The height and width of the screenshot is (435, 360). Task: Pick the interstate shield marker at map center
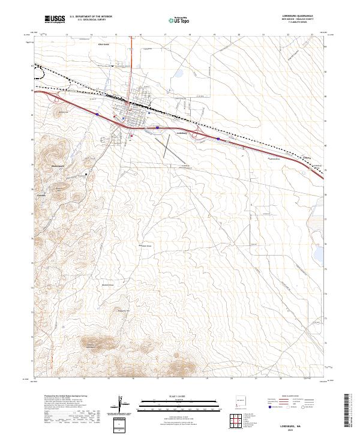pos(157,127)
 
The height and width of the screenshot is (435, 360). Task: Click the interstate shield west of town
pos(97,112)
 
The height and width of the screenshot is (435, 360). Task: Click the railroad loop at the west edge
pos(41,73)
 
